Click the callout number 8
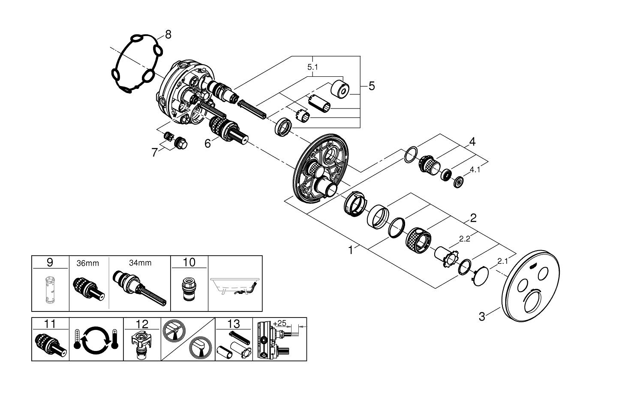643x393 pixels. pyautogui.click(x=168, y=34)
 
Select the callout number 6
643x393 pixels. pyautogui.click(x=207, y=143)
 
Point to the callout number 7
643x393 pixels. pyautogui.click(x=155, y=152)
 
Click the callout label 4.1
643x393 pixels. pyautogui.click(x=475, y=170)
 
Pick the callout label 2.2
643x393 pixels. pyautogui.click(x=465, y=239)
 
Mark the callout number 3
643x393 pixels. pyautogui.click(x=482, y=317)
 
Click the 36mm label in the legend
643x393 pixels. pyautogui.click(x=87, y=263)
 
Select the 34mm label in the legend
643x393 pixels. pyautogui.click(x=140, y=263)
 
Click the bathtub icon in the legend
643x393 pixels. pyautogui.click(x=235, y=286)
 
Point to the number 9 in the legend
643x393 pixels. pyautogui.click(x=50, y=262)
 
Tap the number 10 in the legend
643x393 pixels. pyautogui.click(x=189, y=262)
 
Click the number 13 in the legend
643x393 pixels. pyautogui.click(x=234, y=323)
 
